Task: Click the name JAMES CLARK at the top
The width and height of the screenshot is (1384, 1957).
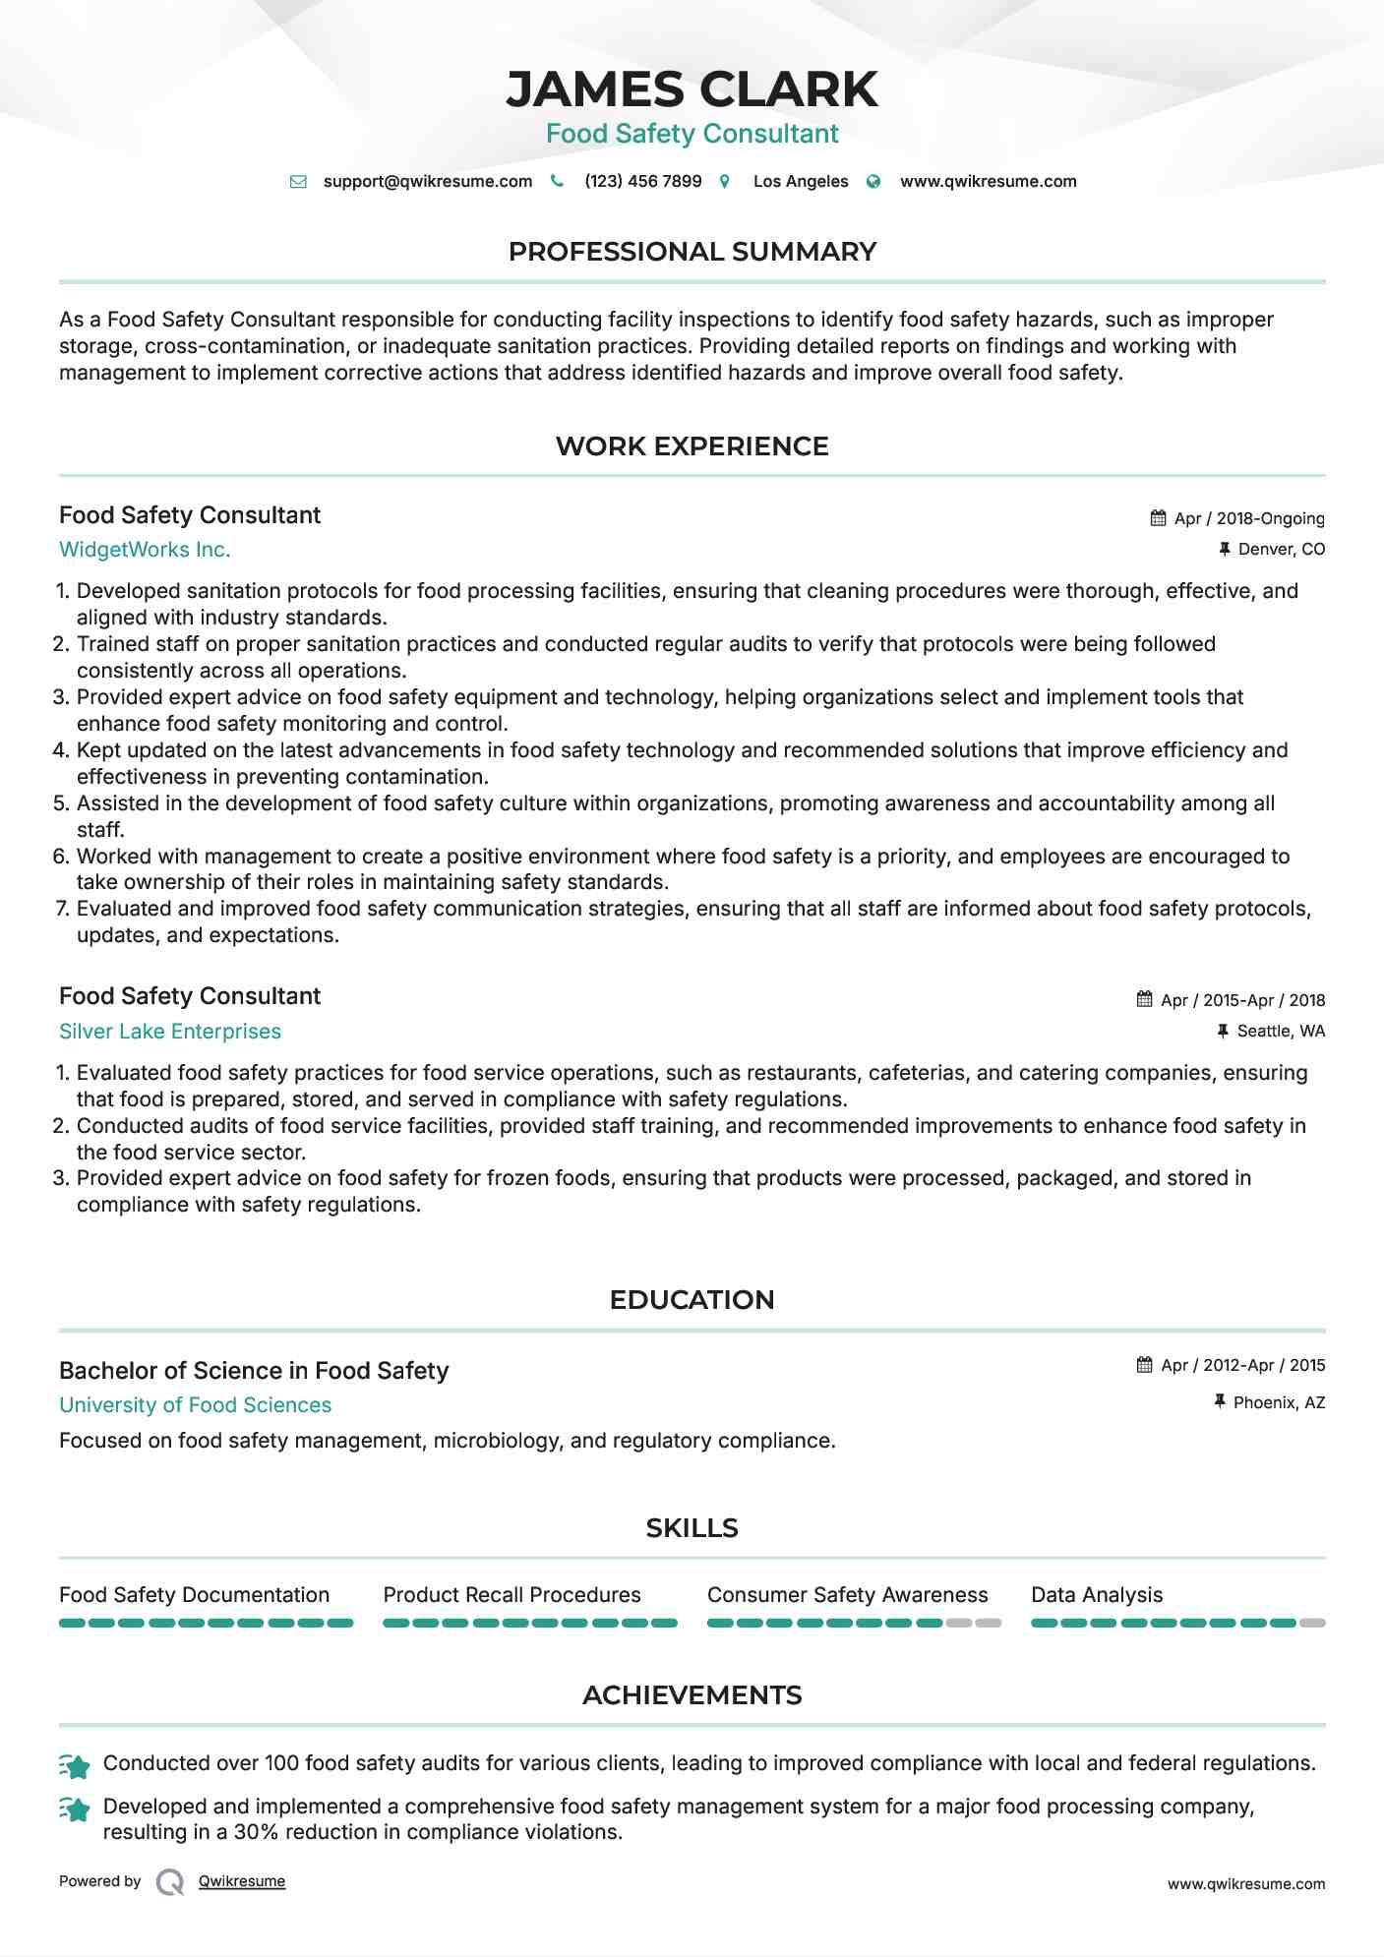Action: coord(692,89)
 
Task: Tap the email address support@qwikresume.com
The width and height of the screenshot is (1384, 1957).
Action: coord(427,182)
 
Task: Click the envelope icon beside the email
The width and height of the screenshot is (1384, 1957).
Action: coord(298,182)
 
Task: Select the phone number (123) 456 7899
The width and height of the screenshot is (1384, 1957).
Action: coord(642,182)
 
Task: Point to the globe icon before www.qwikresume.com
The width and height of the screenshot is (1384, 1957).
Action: coord(873,182)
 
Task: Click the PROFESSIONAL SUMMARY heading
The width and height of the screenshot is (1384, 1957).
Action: coord(692,252)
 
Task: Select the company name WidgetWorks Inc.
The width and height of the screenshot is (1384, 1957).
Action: coord(145,550)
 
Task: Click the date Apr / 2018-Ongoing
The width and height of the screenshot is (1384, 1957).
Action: coord(1248,518)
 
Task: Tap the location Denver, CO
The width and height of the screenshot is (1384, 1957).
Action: coord(1281,549)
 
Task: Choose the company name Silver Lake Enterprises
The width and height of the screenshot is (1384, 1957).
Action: coord(170,1032)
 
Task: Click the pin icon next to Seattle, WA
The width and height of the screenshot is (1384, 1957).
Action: coord(1223,1031)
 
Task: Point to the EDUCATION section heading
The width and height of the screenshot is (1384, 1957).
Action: coord(692,1300)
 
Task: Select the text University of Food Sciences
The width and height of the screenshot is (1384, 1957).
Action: coord(195,1405)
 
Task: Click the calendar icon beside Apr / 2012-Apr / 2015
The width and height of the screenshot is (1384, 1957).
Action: coord(1144,1365)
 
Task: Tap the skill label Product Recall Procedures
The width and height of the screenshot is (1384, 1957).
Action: coord(511,1595)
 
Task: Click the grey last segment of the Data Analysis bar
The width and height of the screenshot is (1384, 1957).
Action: coord(1312,1624)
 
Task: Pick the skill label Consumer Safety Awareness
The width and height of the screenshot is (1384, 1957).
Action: coord(847,1595)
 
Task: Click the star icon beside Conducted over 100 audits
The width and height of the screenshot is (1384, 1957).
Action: coord(76,1766)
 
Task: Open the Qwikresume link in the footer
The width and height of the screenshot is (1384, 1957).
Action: coord(242,1881)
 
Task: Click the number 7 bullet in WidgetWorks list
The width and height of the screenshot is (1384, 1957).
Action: coord(62,909)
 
